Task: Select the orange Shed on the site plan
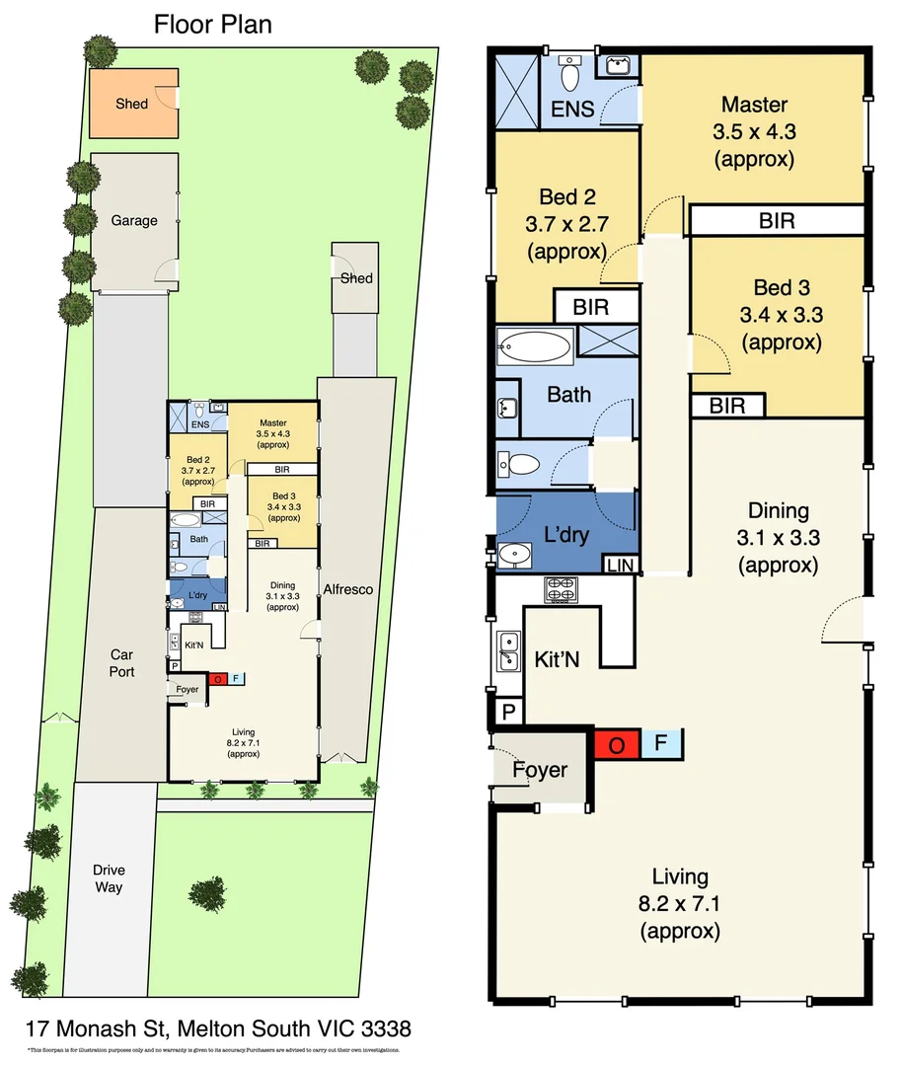coord(132,102)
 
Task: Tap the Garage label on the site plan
coord(133,220)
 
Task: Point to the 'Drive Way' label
coord(109,878)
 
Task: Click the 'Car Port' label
coord(121,663)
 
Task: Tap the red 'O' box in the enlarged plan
coord(617,745)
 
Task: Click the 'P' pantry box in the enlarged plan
coord(509,711)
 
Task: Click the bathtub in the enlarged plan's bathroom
coord(535,347)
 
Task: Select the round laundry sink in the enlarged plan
coord(514,555)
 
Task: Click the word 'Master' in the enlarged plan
coord(754,105)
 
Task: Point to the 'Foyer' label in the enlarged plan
coord(540,769)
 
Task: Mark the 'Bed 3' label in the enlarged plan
coord(780,288)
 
